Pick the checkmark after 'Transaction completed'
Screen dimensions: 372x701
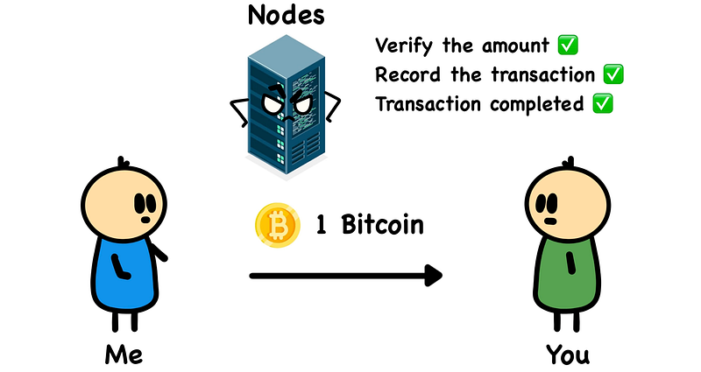(x=602, y=104)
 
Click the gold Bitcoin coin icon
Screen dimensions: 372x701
(x=274, y=224)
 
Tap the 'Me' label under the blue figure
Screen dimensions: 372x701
(x=123, y=354)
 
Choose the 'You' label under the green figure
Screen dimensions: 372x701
(x=568, y=354)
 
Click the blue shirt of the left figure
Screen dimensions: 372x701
(x=122, y=271)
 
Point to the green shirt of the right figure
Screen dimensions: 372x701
(x=568, y=271)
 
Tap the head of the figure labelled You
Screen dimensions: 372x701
(x=565, y=202)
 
